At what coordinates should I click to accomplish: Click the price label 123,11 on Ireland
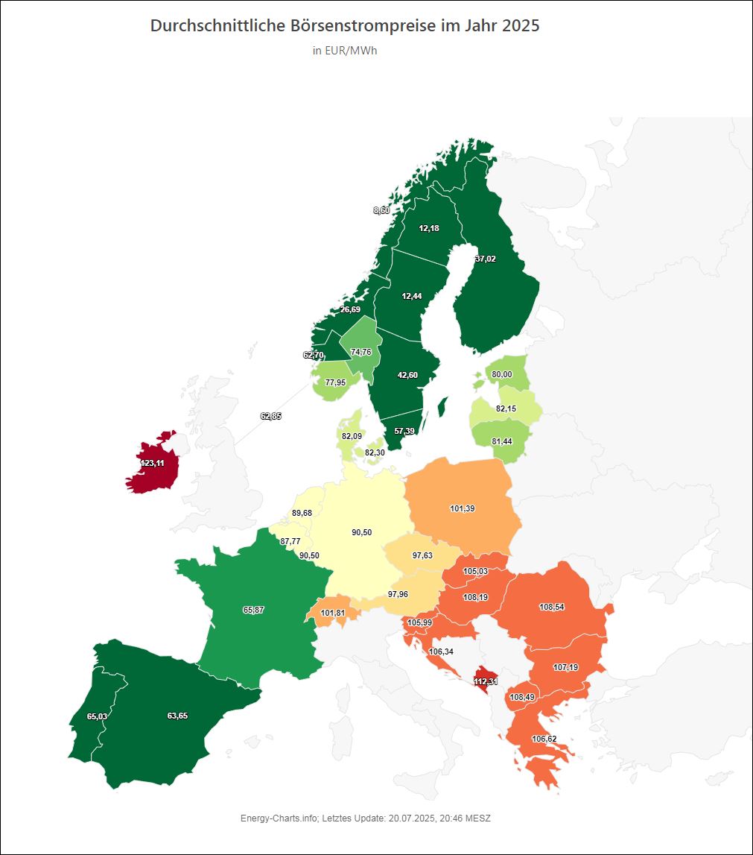pyautogui.click(x=152, y=463)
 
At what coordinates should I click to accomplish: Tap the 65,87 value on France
pyautogui.click(x=253, y=610)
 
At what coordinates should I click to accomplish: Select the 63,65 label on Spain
pyautogui.click(x=177, y=716)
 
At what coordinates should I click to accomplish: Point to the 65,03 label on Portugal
pyautogui.click(x=97, y=716)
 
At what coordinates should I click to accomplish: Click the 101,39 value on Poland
pyautogui.click(x=463, y=508)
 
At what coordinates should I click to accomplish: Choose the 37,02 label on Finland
pyautogui.click(x=485, y=259)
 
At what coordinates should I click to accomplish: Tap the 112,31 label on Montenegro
pyautogui.click(x=486, y=681)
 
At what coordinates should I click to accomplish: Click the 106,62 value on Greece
pyautogui.click(x=544, y=739)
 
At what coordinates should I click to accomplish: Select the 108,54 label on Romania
pyautogui.click(x=551, y=608)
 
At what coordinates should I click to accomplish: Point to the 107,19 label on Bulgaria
pyautogui.click(x=566, y=667)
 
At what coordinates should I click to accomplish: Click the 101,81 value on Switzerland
pyautogui.click(x=333, y=613)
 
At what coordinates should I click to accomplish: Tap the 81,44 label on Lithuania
pyautogui.click(x=502, y=441)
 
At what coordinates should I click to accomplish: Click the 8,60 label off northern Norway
pyautogui.click(x=381, y=210)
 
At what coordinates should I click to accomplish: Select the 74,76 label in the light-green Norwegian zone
pyautogui.click(x=361, y=352)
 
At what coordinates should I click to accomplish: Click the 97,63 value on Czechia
pyautogui.click(x=422, y=555)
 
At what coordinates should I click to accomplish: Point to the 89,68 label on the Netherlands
pyautogui.click(x=302, y=513)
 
